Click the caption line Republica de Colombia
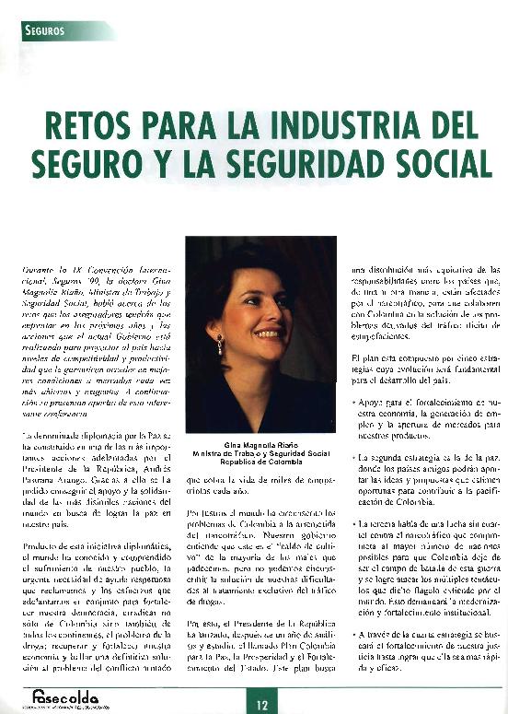260,463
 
